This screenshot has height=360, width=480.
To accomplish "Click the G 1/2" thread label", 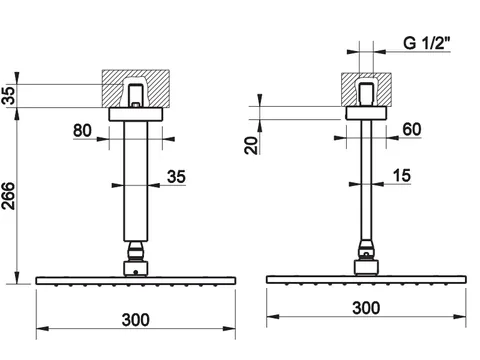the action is [427, 43].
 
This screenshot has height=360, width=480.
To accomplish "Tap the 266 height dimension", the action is [9, 196].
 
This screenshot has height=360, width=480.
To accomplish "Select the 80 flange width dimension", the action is [82, 130].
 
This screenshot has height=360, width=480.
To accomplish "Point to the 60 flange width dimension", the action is [412, 129].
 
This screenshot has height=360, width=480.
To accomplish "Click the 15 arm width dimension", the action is [402, 176].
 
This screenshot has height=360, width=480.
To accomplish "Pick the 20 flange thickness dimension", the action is [252, 146].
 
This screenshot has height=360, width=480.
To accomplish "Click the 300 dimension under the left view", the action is [136, 320].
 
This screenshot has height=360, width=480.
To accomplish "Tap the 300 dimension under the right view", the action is [366, 308].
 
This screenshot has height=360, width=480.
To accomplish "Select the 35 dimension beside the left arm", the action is [176, 177].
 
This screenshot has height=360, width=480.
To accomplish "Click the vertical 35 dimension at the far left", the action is [9, 96].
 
